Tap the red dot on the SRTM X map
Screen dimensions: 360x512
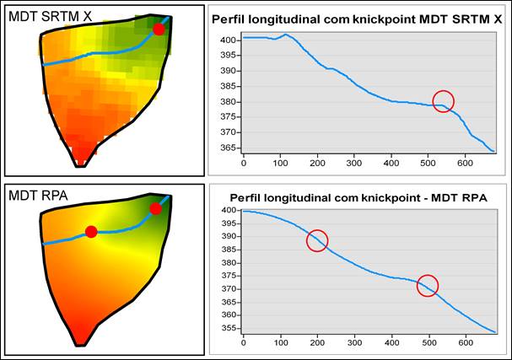click(159, 30)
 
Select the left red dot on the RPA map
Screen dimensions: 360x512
click(91, 232)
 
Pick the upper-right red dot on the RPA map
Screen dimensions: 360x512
click(155, 208)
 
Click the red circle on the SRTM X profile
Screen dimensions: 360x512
click(443, 102)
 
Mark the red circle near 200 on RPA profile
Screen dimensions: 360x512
click(316, 241)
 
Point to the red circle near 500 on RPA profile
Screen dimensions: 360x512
click(428, 286)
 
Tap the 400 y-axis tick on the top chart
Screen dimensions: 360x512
click(227, 40)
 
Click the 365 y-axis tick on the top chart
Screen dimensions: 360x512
click(227, 148)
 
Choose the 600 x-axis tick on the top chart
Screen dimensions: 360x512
click(466, 161)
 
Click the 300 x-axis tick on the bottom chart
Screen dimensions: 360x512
click(353, 341)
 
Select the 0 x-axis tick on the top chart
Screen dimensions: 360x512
click(244, 161)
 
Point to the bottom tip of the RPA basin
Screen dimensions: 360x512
click(81, 344)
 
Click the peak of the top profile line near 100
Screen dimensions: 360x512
click(287, 35)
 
